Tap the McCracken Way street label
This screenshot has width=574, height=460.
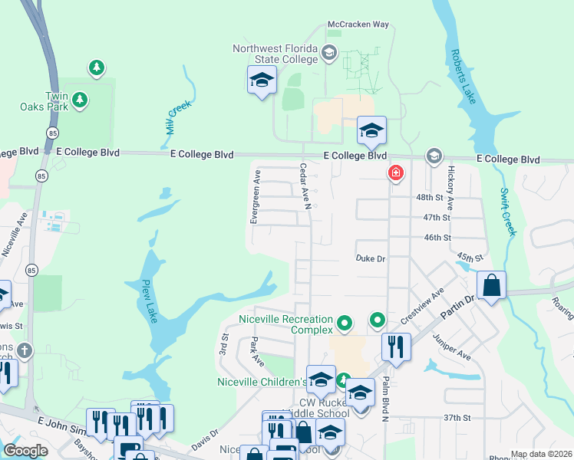(358, 25)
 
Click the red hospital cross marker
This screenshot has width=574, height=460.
(395, 174)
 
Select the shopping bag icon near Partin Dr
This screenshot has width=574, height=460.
(491, 285)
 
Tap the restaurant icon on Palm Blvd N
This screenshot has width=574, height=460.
(395, 347)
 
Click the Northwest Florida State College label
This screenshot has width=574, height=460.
(275, 54)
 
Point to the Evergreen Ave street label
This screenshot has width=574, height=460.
(253, 196)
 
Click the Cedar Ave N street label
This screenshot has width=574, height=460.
(304, 186)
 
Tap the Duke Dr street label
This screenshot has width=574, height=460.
(370, 259)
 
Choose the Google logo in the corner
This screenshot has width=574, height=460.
(25, 451)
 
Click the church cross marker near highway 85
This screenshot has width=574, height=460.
(25, 350)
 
